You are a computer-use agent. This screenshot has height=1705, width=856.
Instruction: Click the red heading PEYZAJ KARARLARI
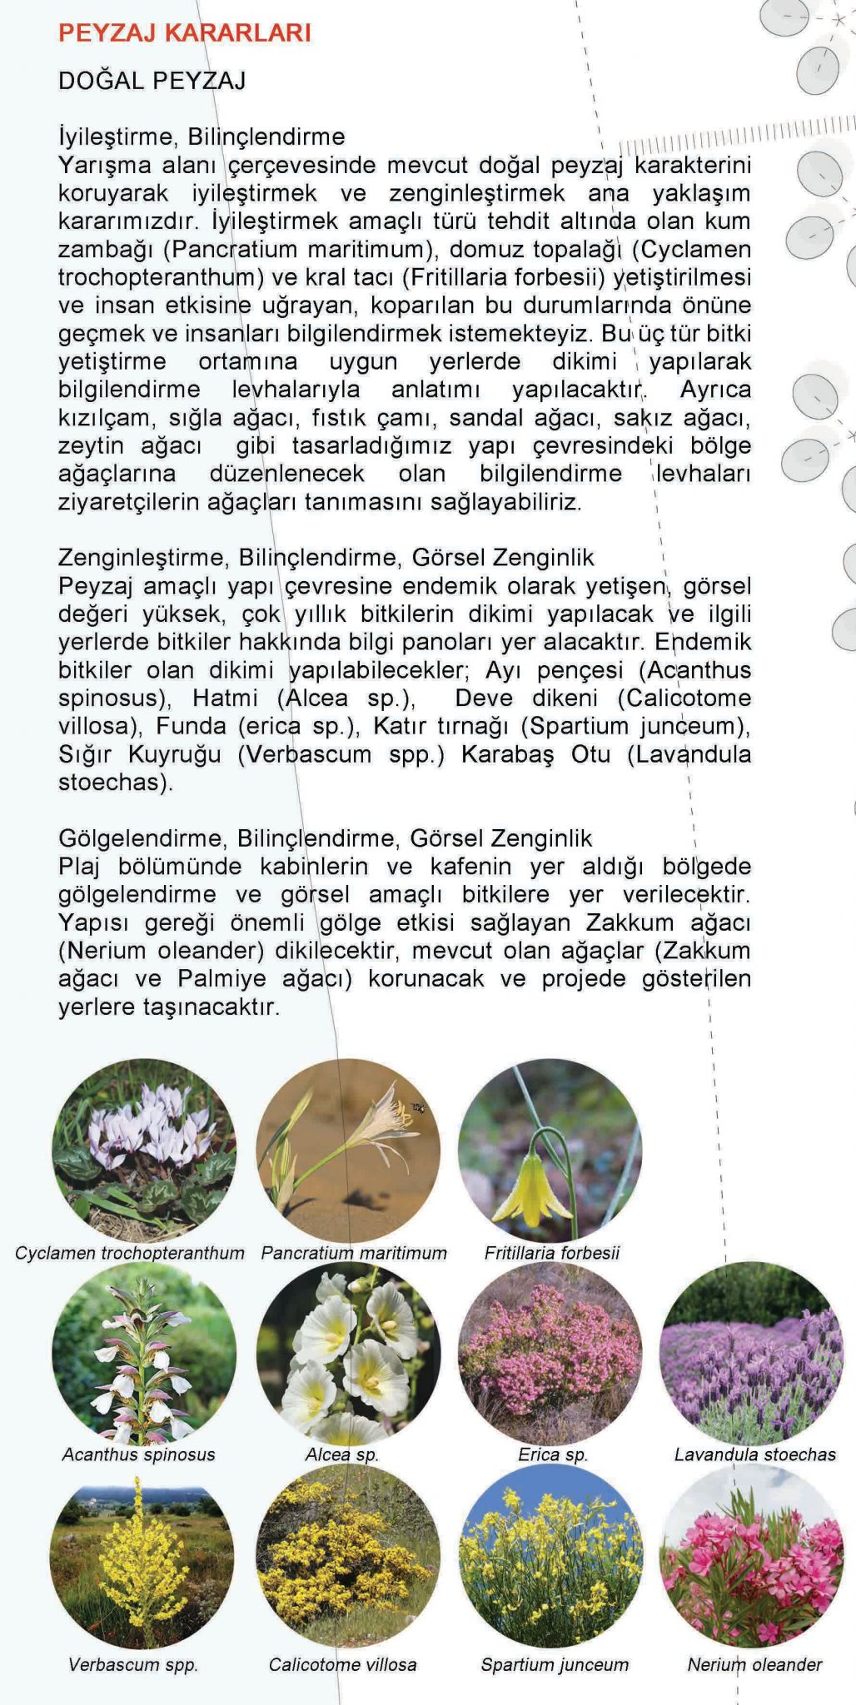pos(184,32)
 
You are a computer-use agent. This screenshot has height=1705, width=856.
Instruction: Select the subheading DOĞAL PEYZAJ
pos(152,81)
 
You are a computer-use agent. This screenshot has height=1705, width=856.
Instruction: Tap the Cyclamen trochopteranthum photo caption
pos(130,1253)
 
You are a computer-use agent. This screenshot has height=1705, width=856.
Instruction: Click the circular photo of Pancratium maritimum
pos(348,1150)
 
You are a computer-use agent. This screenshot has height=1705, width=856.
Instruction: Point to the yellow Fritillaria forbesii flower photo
pos(550,1150)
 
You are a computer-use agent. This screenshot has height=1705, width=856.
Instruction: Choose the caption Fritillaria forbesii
pos(551,1253)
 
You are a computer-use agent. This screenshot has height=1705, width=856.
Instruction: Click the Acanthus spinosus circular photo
pos(143,1354)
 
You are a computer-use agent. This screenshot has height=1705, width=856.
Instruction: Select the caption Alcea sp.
pos(342,1454)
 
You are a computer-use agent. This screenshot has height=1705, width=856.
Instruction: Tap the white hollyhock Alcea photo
pos(348,1354)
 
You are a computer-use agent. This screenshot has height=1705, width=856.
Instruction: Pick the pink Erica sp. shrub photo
pos(550,1354)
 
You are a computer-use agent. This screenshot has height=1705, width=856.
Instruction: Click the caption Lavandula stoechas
pos(754,1454)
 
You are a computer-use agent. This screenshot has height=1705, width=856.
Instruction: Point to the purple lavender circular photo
pos(751,1354)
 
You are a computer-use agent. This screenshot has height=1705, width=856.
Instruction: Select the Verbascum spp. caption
pos(133,1664)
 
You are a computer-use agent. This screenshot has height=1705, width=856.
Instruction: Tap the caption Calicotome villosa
pos(342,1664)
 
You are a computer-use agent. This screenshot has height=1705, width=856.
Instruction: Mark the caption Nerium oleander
pos(754,1664)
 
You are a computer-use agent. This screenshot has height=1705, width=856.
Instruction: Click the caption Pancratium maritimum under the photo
pos(354,1253)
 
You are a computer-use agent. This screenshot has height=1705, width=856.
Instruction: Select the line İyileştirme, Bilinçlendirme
pos(202,136)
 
